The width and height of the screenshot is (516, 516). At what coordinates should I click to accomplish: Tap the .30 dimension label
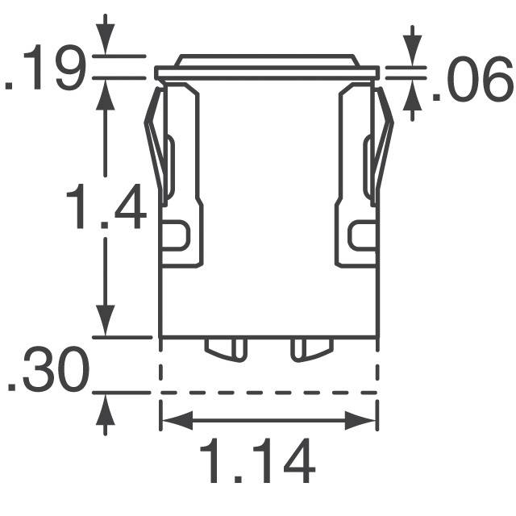[x=47, y=374]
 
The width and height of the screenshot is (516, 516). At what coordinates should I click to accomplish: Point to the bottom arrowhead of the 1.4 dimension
[x=106, y=322]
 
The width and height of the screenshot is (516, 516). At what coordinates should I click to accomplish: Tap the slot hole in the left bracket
[x=174, y=235]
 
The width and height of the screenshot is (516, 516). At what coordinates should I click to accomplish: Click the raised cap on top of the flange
[x=267, y=60]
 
